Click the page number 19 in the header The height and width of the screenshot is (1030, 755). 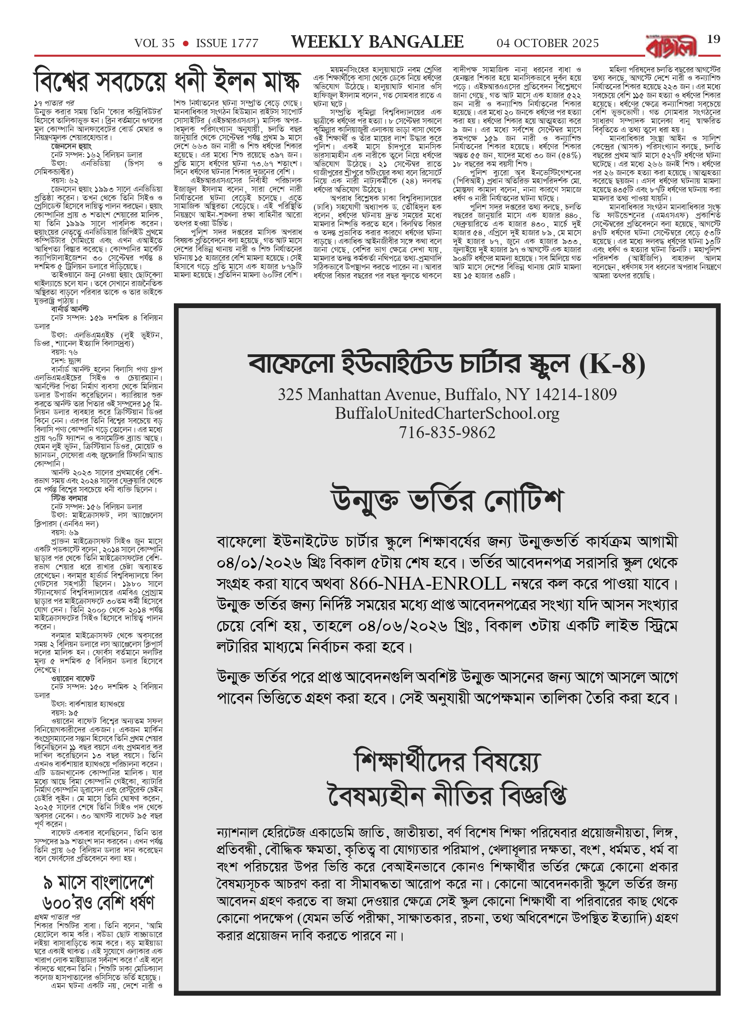pos(713,39)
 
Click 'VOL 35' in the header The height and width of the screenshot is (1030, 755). pos(155,43)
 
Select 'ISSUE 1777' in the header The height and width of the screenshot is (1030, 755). pos(227,43)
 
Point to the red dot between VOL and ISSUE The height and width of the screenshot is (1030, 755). pos(185,43)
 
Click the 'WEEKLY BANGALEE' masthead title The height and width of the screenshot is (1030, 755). pos(377,42)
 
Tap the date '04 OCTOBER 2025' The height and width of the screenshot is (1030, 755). pos(548,43)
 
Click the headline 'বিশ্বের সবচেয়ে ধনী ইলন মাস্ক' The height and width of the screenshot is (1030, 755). pos(167,81)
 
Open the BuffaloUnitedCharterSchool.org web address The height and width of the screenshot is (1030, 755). pos(447,413)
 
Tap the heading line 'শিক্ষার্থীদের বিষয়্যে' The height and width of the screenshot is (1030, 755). pos(447,761)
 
